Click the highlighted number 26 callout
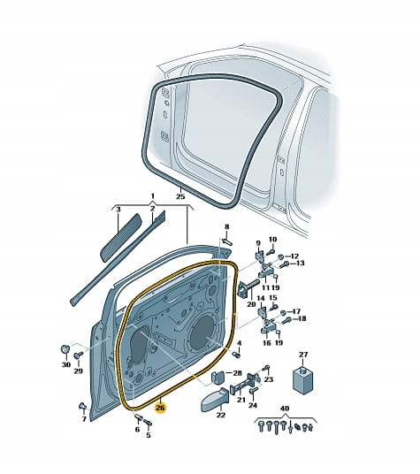click(x=160, y=408)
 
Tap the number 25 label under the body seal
click(x=180, y=196)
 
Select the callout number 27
click(x=303, y=355)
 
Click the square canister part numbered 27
click(x=303, y=379)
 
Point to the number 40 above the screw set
click(x=285, y=409)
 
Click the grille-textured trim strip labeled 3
click(x=120, y=237)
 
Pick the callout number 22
click(x=221, y=415)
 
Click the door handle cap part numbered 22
click(x=215, y=400)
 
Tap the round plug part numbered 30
click(x=65, y=349)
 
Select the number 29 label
click(x=78, y=371)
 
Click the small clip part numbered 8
click(x=227, y=241)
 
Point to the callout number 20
click(x=251, y=304)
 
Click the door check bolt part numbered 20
click(x=248, y=287)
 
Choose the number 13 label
click(x=300, y=263)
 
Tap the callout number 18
click(x=302, y=318)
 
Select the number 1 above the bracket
click(x=153, y=196)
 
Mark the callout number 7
click(x=84, y=418)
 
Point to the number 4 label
click(x=240, y=343)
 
